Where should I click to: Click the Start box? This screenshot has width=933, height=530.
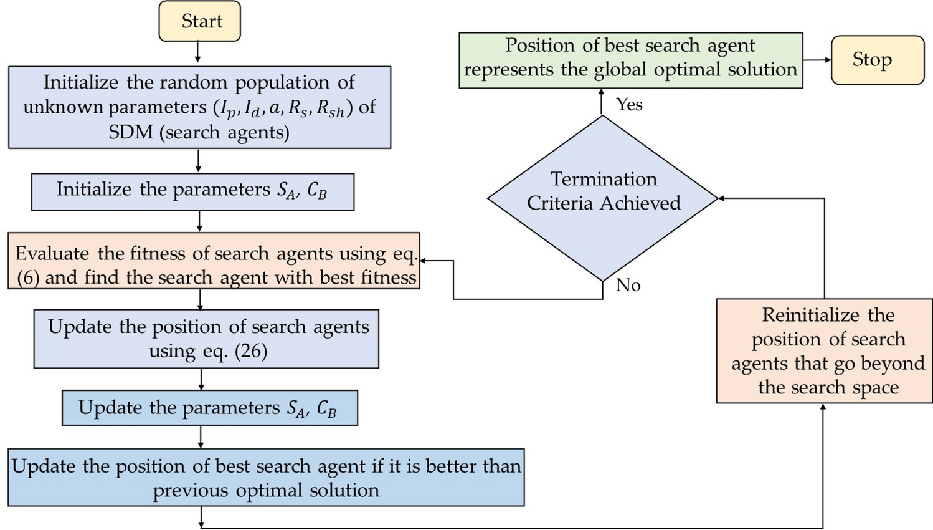click(x=200, y=21)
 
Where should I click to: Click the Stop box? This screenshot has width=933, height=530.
click(x=877, y=60)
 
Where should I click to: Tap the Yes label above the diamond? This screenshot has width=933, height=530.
click(x=629, y=104)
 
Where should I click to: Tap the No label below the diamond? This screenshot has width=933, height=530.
click(x=628, y=285)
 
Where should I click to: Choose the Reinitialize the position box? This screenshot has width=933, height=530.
click(x=824, y=351)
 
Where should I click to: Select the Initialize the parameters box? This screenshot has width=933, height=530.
click(x=192, y=191)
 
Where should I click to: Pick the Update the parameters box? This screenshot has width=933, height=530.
click(x=209, y=408)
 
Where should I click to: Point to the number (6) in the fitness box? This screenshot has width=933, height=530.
click(x=28, y=277)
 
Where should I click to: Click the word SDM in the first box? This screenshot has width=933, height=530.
click(x=132, y=132)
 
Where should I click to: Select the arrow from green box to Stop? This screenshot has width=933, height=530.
click(x=817, y=60)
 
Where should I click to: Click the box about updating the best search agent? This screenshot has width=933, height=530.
click(x=266, y=477)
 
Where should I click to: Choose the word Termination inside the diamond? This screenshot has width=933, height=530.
click(x=603, y=180)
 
